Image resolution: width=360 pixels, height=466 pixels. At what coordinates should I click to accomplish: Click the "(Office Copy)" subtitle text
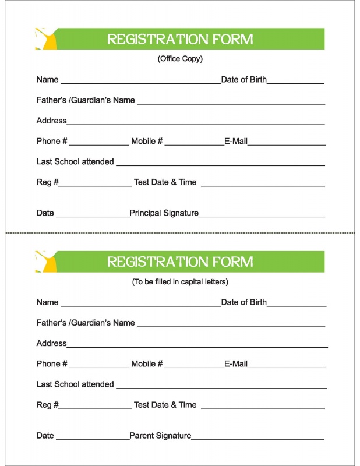[180, 59]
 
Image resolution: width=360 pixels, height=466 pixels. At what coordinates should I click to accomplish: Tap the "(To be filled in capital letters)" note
[180, 282]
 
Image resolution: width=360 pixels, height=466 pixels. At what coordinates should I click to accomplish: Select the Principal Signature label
[164, 213]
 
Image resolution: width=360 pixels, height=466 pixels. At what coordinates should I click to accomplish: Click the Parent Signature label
[160, 436]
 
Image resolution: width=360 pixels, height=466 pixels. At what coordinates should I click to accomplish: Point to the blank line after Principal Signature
[262, 216]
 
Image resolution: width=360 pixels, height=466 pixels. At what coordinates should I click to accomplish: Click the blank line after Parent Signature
[257, 439]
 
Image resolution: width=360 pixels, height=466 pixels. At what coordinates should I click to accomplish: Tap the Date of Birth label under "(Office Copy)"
[243, 80]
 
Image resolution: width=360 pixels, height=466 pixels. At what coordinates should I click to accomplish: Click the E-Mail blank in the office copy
[286, 144]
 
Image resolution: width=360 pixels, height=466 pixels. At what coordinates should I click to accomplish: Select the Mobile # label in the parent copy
[147, 364]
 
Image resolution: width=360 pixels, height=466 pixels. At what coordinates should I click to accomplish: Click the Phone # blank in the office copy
[99, 144]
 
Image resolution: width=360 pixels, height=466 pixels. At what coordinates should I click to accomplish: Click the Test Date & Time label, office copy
[165, 182]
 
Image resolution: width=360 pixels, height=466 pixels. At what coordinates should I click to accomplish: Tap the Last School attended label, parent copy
[75, 384]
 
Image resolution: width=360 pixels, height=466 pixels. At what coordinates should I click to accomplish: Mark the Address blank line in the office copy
[196, 123]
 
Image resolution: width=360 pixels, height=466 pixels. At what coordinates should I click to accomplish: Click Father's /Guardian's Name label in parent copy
[86, 323]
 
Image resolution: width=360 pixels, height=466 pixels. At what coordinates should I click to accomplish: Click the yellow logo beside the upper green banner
[46, 38]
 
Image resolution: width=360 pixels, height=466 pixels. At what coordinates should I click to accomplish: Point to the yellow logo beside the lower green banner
[46, 262]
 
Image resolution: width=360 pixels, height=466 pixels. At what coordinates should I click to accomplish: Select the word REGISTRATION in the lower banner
[150, 262]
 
